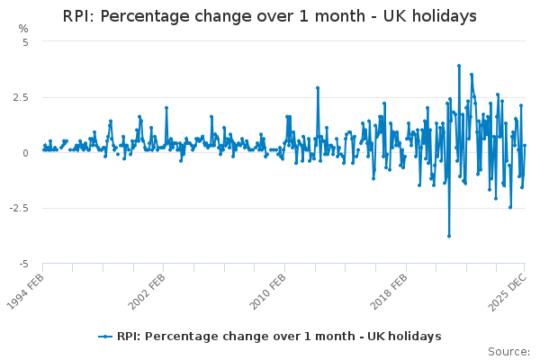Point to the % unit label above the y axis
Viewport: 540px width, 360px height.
[23, 29]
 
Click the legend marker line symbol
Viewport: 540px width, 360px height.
[106, 337]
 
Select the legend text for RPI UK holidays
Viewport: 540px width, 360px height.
[279, 337]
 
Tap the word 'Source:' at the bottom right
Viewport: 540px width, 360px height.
[508, 351]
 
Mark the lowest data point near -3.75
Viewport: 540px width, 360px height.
[448, 236]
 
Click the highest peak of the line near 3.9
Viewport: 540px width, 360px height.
[458, 66]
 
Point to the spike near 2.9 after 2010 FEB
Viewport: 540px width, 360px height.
[318, 88]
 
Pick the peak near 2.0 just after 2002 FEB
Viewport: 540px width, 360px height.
[166, 108]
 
